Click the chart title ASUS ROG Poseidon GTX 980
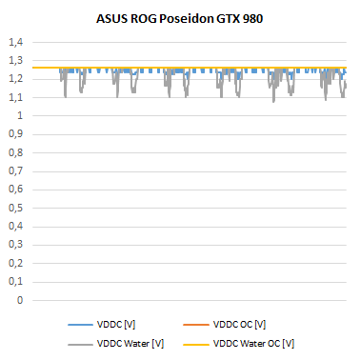point(180,19)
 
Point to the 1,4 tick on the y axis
point(17,43)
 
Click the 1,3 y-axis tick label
point(17,61)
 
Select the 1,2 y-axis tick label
point(17,79)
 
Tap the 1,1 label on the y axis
point(17,97)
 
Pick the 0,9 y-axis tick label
point(17,134)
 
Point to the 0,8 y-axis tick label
point(17,152)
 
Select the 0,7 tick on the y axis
point(17,171)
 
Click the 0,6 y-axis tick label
point(17,190)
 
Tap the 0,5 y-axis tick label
point(17,208)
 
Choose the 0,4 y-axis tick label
point(17,227)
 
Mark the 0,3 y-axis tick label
point(17,245)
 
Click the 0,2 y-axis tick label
point(17,263)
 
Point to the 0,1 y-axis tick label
point(17,282)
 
